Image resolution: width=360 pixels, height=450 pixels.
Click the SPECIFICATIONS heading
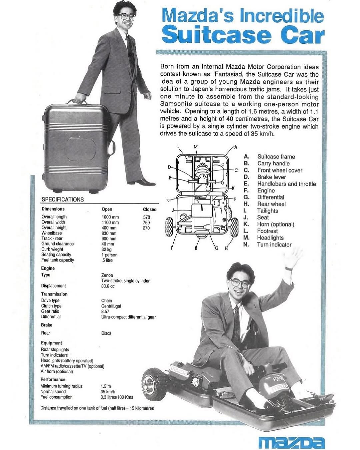tap(63, 199)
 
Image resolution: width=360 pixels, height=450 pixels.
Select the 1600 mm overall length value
tap(110, 217)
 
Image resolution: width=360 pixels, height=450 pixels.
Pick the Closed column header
tap(150, 209)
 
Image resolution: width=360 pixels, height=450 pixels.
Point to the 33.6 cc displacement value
tap(108, 286)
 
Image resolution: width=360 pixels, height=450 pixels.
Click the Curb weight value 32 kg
tap(106, 250)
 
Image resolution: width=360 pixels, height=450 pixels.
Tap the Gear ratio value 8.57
tap(105, 311)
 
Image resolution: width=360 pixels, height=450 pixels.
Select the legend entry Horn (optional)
tap(276, 224)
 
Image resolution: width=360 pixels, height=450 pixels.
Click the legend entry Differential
tap(271, 197)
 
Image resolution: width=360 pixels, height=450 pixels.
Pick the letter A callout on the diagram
tap(236, 147)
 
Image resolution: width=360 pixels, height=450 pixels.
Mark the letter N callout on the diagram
tap(168, 201)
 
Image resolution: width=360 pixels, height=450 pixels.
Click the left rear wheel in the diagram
tap(169, 227)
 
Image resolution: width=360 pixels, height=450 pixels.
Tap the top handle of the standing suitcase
tap(77, 102)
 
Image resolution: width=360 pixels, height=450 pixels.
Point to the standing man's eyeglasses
tap(126, 16)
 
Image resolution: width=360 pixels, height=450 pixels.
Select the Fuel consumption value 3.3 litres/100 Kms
tap(117, 397)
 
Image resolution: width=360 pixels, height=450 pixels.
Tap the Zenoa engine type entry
tap(107, 275)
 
